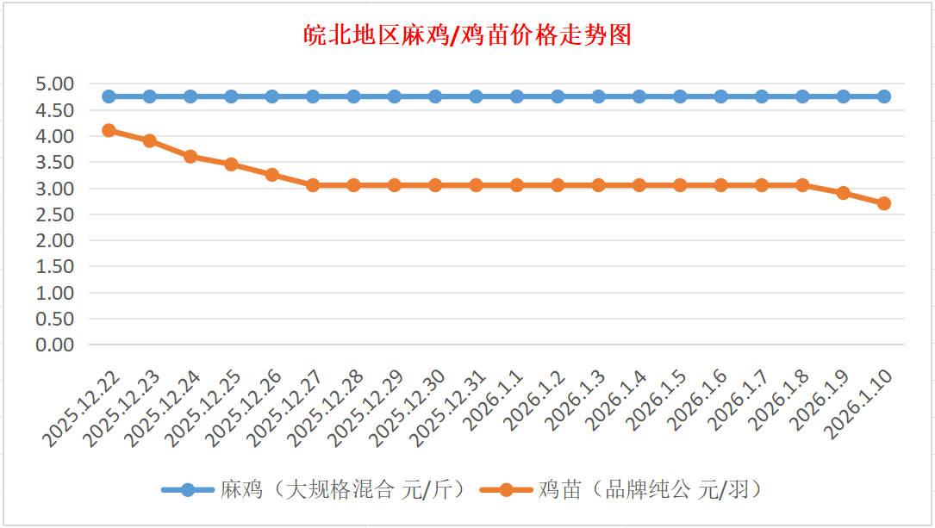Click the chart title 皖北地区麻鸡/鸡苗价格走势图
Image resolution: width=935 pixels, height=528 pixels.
[467, 34]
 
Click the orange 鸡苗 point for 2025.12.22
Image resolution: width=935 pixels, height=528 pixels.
[109, 130]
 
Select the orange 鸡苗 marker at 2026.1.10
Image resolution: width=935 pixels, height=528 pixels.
[884, 203]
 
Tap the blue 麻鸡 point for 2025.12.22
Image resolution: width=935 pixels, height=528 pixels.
[109, 96]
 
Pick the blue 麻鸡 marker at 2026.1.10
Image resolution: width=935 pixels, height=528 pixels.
[884, 96]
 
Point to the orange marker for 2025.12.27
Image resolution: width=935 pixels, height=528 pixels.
[313, 185]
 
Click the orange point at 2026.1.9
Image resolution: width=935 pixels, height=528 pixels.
[844, 193]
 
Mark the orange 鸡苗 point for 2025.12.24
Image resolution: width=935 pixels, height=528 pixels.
[190, 156]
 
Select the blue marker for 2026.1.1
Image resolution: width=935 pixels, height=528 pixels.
[517, 96]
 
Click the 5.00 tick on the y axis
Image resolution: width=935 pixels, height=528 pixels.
[54, 84]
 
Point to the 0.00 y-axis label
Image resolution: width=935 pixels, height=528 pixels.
[54, 345]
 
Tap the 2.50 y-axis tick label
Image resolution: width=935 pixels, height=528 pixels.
[54, 214]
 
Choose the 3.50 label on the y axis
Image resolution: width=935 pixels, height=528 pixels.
[54, 162]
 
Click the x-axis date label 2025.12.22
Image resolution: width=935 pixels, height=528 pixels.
[81, 409]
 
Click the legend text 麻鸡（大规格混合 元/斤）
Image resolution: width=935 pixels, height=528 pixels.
[343, 490]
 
